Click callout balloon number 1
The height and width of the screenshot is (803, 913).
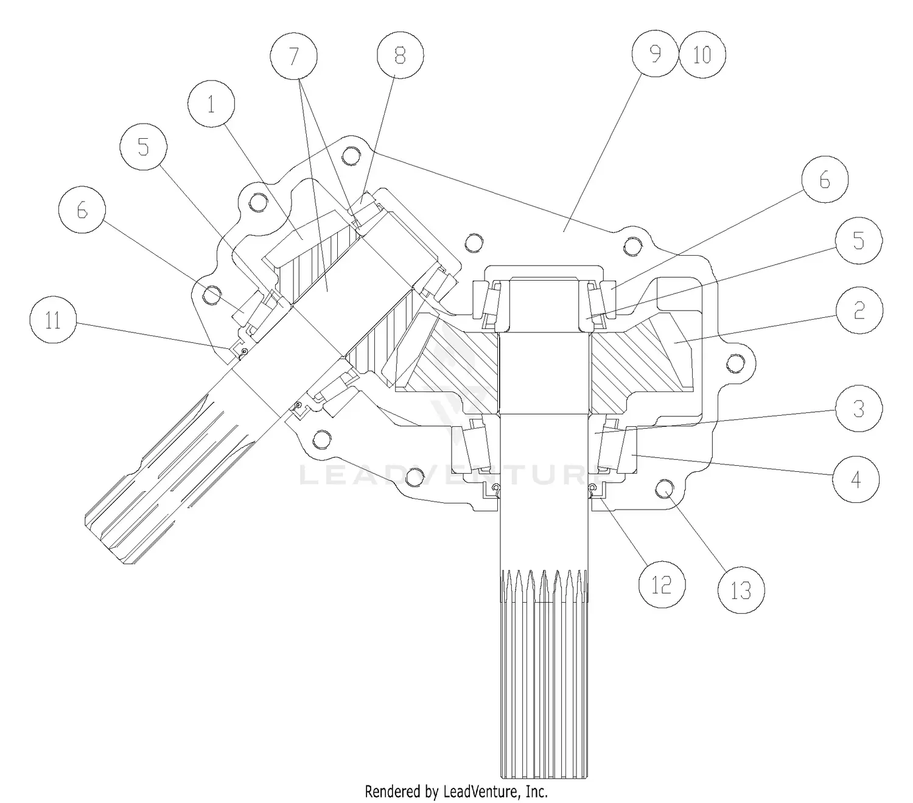click(211, 103)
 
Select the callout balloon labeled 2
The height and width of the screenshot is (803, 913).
click(859, 310)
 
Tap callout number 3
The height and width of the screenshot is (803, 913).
click(858, 409)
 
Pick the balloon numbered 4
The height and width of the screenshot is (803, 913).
click(855, 479)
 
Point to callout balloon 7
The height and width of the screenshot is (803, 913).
click(294, 56)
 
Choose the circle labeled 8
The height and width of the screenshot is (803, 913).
click(400, 55)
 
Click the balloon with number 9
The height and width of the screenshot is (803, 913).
click(656, 54)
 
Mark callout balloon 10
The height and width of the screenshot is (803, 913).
click(702, 55)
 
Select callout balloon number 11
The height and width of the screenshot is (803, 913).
click(53, 320)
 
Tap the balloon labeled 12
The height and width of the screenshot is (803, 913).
click(662, 584)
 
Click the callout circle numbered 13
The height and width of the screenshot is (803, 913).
click(741, 590)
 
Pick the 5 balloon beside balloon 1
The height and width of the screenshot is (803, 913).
click(143, 147)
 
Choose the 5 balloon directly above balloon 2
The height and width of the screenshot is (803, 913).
click(858, 240)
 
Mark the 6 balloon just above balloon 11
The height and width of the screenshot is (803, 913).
click(82, 209)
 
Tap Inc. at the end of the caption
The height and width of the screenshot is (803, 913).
click(537, 791)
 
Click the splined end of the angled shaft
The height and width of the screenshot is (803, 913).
click(167, 480)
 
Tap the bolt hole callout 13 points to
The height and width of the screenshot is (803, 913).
click(665, 488)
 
